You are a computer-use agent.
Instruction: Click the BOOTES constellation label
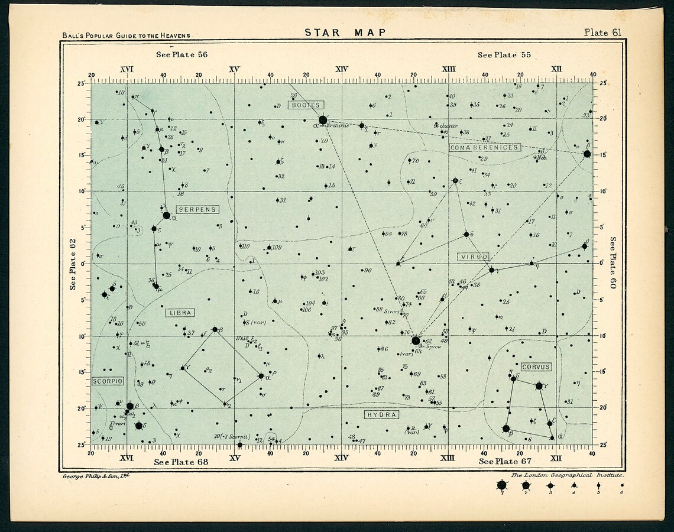coord(306,105)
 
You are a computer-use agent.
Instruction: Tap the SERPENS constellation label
coord(197,209)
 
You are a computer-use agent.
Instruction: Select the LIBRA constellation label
coord(180,313)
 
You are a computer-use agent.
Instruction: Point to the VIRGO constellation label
coord(474,257)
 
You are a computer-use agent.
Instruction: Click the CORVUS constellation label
coord(536,367)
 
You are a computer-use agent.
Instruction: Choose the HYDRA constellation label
coord(381,414)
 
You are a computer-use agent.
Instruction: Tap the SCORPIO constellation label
coord(108,381)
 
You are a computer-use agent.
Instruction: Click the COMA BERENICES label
coord(485,147)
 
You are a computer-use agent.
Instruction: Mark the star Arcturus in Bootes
coord(323,120)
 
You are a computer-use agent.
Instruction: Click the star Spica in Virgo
coord(416,340)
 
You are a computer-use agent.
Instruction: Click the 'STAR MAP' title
coord(345,33)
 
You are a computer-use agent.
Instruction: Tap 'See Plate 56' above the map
coord(182,55)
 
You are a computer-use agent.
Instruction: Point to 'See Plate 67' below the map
coord(505,461)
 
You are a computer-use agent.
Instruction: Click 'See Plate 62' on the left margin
coord(73,264)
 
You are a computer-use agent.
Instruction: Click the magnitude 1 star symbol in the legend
coord(502,485)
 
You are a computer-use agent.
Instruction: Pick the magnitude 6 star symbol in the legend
coord(621,485)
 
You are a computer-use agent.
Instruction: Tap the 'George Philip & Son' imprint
coord(95,475)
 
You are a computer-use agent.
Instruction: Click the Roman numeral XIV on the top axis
coord(341,69)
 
